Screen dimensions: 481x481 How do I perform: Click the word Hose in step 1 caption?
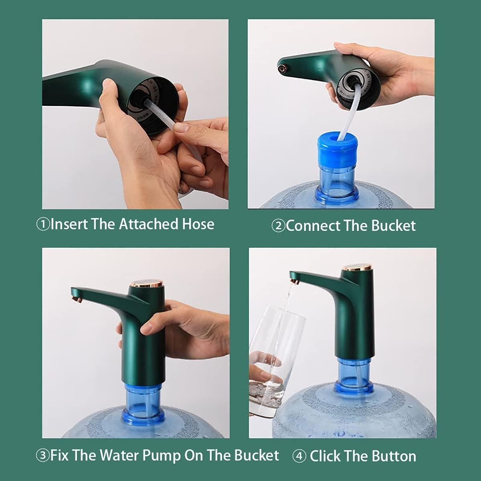tap(198, 224)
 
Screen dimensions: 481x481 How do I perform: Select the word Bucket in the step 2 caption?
tap(393, 226)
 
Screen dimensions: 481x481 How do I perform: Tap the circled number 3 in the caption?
tap(42, 456)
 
